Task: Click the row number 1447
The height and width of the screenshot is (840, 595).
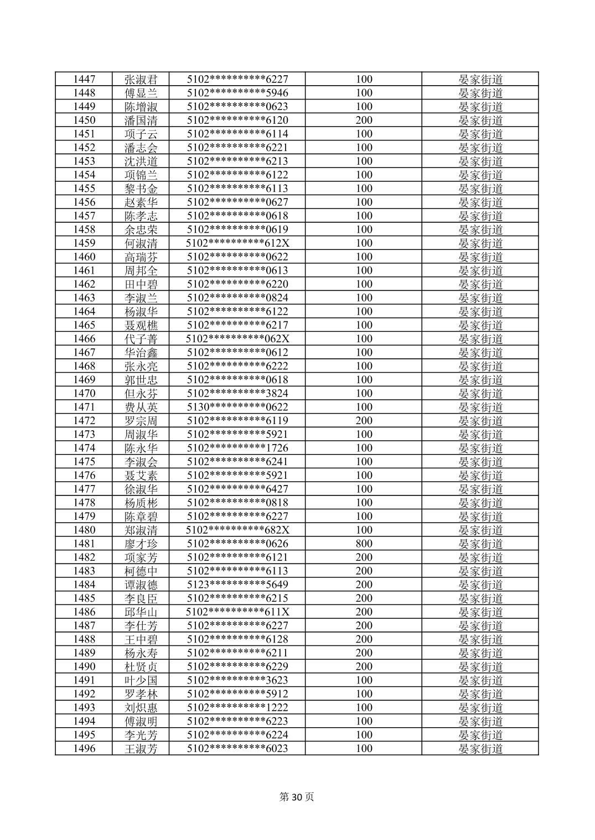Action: tap(84, 79)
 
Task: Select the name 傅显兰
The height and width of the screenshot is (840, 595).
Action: tap(141, 93)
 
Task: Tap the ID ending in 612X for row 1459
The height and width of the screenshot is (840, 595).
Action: tap(237, 243)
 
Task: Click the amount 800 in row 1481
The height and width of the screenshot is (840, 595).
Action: tap(364, 544)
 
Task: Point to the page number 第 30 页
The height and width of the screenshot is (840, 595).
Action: tap(297, 797)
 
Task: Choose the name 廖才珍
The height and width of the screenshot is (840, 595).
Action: tap(141, 544)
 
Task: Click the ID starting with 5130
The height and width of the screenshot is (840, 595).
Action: tap(237, 407)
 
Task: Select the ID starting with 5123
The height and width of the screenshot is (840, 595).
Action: tap(237, 585)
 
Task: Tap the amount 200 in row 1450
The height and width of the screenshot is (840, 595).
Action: tap(364, 120)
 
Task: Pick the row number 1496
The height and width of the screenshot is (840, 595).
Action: tap(84, 749)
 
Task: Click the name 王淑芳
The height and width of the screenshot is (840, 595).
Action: tap(141, 749)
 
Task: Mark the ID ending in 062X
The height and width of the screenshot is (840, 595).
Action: tap(237, 339)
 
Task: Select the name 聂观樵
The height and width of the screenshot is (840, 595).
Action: tap(141, 325)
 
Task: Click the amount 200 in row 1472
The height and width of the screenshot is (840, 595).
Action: tap(364, 421)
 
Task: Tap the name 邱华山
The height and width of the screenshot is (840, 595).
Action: tap(141, 612)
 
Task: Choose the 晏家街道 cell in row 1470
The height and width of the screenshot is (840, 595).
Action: tap(480, 394)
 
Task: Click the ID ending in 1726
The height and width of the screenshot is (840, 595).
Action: tap(237, 448)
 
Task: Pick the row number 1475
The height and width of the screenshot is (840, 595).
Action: tap(84, 462)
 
